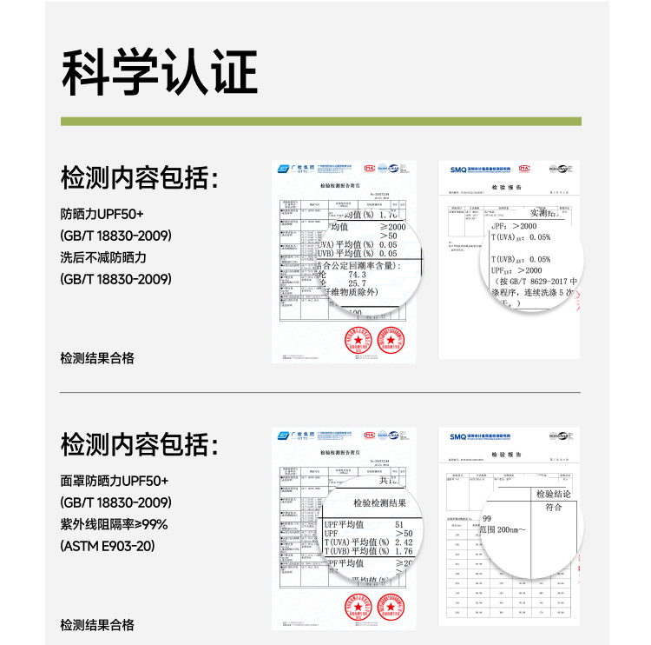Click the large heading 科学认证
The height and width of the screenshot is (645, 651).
pyautogui.click(x=159, y=73)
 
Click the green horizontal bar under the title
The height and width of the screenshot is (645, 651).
pyautogui.click(x=320, y=121)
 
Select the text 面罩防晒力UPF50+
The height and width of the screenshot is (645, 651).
pyautogui.click(x=115, y=481)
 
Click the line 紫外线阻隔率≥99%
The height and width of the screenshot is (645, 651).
pyautogui.click(x=114, y=524)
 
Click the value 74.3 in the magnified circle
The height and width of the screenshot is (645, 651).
pyautogui.click(x=358, y=274)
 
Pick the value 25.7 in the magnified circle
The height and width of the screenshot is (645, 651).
pyautogui.click(x=357, y=284)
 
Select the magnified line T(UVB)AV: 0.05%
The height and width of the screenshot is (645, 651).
pyautogui.click(x=521, y=259)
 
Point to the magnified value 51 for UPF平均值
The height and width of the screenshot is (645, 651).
pyautogui.click(x=399, y=525)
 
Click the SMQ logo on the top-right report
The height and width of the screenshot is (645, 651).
pyautogui.click(x=458, y=167)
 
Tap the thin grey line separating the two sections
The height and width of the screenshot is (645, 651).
pyautogui.click(x=320, y=392)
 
